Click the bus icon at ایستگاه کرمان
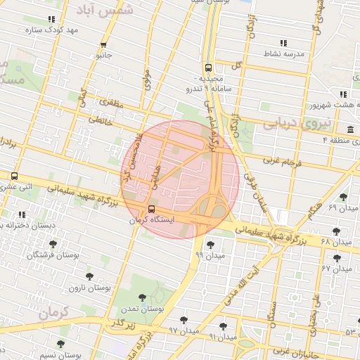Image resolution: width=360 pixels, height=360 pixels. point(153,209)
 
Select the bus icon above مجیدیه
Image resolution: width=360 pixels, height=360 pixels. point(207,68)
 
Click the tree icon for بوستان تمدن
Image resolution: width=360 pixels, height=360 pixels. point(143,297)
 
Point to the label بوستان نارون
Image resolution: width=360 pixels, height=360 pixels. point(86,288)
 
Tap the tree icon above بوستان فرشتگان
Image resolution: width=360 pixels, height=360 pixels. point(53,244)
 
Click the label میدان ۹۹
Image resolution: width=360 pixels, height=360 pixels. point(210,255)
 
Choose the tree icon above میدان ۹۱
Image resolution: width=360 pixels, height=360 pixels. point(223,326)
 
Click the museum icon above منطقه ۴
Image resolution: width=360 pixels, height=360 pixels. point(349,129)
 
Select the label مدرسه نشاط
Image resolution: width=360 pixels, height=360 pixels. point(282,53)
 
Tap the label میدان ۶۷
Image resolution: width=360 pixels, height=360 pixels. point(336,268)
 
